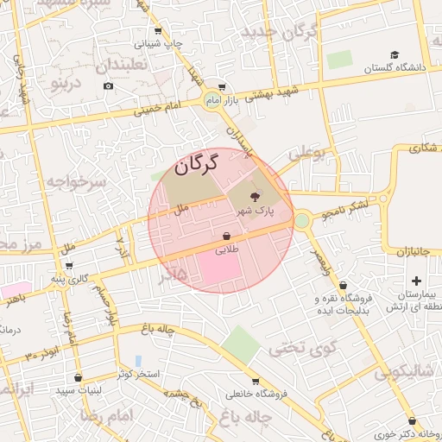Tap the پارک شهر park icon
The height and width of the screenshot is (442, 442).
pos(265,198)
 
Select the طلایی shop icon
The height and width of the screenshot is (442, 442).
pos(226,236)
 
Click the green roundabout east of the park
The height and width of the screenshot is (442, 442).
pos(301,220)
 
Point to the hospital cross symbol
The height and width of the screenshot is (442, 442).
pos(417,281)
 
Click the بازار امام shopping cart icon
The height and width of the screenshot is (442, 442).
pos(222,86)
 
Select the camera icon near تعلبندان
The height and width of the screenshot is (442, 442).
pos(108,85)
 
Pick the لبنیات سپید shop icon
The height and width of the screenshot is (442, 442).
pos(79,377)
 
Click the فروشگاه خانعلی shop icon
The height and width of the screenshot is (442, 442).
pos(256,381)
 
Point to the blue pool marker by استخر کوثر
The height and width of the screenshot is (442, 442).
pos(138,360)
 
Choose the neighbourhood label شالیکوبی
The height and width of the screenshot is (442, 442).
pos(404,373)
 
